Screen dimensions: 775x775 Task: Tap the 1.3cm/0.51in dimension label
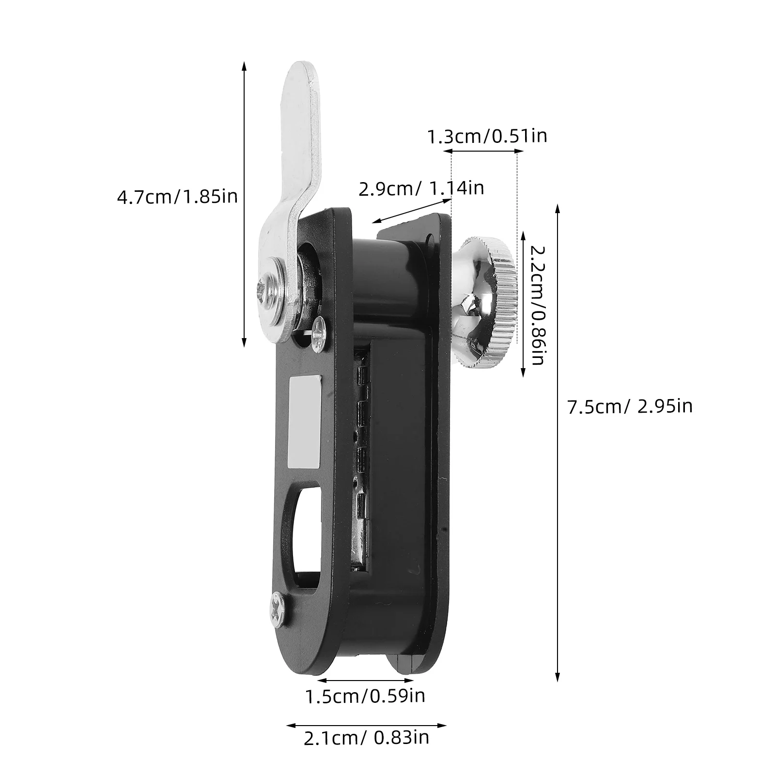[487, 136]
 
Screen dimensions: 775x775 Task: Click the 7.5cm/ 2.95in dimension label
[630, 406]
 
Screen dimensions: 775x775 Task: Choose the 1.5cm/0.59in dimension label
[365, 696]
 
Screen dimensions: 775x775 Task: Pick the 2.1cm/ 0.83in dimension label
[367, 738]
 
